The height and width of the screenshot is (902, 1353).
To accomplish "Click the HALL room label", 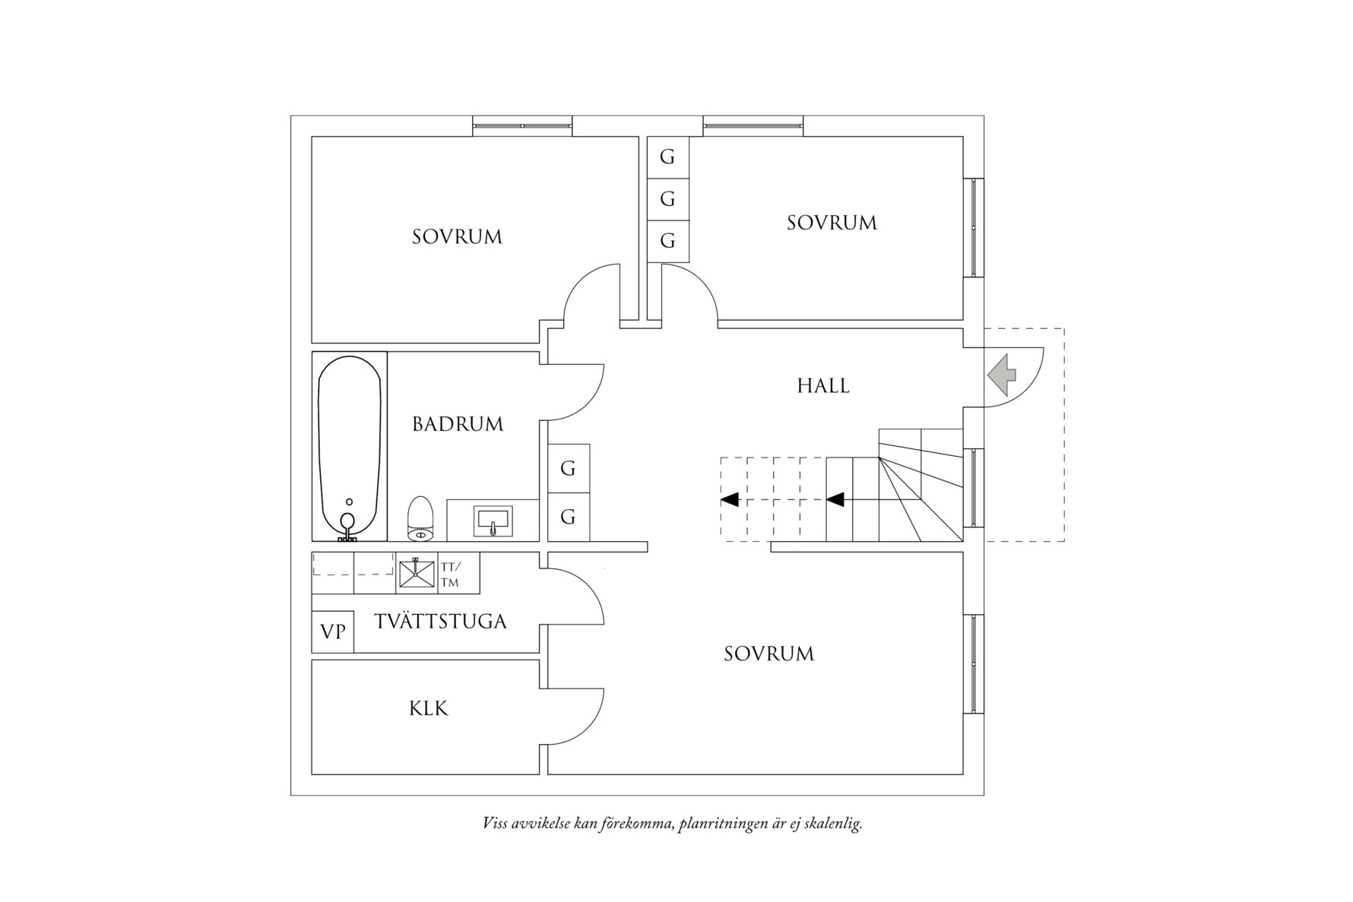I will [x=823, y=386].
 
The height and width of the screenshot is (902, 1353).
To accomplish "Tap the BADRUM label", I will [x=458, y=424].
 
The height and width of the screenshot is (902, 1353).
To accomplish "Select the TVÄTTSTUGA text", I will [x=440, y=622].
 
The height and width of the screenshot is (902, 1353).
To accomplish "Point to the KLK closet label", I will [x=429, y=709].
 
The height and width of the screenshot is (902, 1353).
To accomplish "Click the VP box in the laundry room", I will [x=333, y=631].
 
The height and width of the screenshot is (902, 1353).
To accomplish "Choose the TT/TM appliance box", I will [x=451, y=573].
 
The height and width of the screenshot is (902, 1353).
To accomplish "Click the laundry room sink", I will [x=416, y=573].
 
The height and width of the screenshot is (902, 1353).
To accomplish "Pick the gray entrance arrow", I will [x=1003, y=375].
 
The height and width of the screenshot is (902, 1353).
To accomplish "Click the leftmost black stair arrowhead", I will [x=730, y=500].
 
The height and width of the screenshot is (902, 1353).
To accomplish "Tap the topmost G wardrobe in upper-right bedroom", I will [x=667, y=157].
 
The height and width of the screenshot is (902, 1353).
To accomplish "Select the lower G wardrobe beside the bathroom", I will [x=568, y=517].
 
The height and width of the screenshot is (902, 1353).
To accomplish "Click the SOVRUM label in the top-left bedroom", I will [x=458, y=237].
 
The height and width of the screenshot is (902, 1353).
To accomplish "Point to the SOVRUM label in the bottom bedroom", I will [x=768, y=654].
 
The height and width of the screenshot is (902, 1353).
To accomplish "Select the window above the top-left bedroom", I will [x=522, y=125].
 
